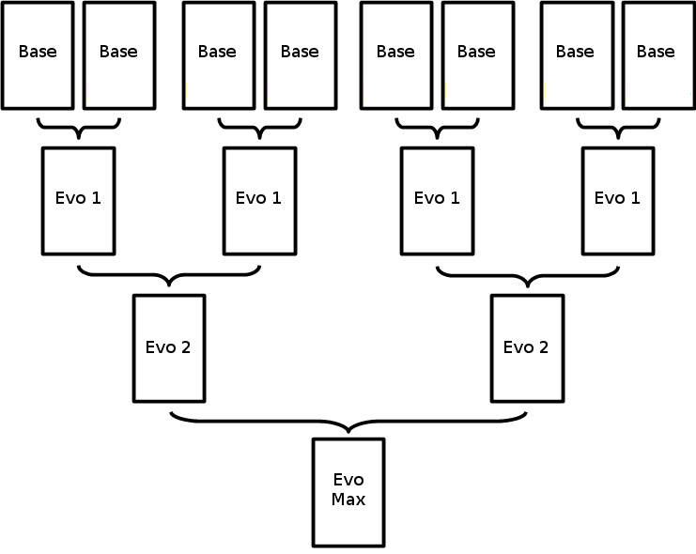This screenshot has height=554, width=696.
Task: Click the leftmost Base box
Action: (x=38, y=54)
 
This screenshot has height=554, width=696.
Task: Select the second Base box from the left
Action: (x=118, y=54)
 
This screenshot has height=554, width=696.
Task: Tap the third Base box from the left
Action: (x=218, y=54)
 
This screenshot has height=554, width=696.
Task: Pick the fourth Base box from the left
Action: (x=300, y=54)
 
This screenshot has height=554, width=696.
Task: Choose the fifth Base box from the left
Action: (x=396, y=54)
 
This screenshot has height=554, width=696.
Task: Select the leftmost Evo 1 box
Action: (x=78, y=200)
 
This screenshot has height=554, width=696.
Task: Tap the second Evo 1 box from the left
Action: (x=258, y=200)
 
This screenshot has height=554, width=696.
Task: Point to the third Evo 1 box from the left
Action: (x=437, y=200)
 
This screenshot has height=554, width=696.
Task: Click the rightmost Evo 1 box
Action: (x=617, y=200)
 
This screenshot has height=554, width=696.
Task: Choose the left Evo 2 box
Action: (x=168, y=347)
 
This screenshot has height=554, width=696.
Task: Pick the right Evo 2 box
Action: (x=527, y=347)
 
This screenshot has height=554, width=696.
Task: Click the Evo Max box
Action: (x=348, y=492)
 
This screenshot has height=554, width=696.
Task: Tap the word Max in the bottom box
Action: (x=348, y=500)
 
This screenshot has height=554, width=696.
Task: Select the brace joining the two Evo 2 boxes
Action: (x=348, y=422)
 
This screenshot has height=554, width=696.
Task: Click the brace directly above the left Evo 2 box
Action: (x=168, y=276)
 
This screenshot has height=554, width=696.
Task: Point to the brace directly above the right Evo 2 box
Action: (x=527, y=276)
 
